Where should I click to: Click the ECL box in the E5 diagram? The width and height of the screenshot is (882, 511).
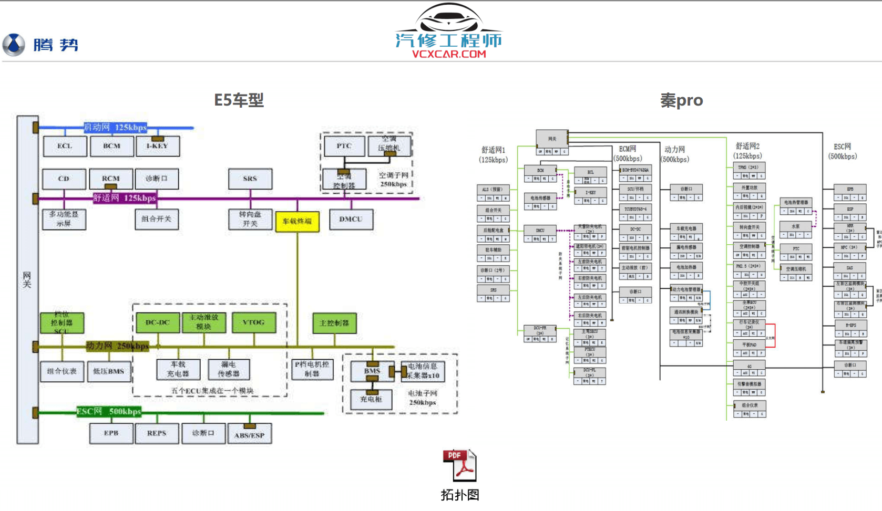point(65,146)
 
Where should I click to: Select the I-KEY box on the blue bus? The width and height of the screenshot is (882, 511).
point(157,146)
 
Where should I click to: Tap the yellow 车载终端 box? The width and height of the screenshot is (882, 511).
point(297,221)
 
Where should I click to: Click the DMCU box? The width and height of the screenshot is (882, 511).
point(351,219)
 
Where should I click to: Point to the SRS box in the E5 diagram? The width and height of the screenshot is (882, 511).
point(250,179)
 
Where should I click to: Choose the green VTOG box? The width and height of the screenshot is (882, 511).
point(253,322)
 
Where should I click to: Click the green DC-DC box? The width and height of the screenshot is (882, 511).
point(158,322)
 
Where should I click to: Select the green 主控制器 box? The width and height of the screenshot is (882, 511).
point(334,323)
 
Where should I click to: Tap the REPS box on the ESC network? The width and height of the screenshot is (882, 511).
point(157,433)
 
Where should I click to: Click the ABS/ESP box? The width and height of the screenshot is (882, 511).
point(249,435)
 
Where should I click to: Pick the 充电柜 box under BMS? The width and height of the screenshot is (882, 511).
point(371,399)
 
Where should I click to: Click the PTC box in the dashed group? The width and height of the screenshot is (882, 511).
point(344,146)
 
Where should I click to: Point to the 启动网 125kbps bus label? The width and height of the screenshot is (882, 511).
point(115,127)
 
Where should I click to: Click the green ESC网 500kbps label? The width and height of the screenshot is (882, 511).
point(109,411)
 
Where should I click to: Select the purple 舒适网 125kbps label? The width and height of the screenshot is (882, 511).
point(124,198)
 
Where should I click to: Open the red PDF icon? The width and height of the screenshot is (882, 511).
point(459,465)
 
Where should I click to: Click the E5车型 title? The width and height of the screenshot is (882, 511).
point(239,100)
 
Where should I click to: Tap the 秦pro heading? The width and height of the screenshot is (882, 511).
point(681,100)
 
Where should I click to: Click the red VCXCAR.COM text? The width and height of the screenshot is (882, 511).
point(449,54)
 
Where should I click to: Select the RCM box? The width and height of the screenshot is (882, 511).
point(111,179)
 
